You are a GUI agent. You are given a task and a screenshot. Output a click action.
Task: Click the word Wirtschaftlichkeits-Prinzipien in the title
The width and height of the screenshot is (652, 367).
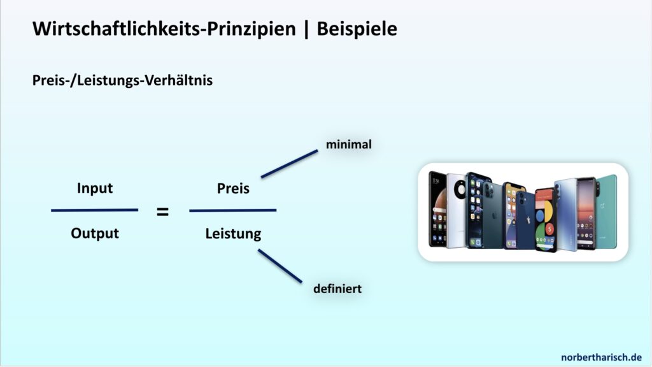pos(164,29)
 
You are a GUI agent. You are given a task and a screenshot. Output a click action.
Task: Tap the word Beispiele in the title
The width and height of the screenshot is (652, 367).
pos(357,29)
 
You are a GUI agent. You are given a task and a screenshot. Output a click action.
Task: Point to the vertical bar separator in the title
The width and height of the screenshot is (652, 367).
pos(306,29)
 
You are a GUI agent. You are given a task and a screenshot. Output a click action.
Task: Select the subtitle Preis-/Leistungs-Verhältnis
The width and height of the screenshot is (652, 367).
pos(122,80)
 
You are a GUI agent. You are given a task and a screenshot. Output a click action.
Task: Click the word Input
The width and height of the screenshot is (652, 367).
pos(95,188)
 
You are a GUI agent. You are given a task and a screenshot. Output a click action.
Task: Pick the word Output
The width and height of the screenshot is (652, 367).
pos(95,233)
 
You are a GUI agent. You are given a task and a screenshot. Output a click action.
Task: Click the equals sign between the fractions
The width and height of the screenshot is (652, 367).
pos(162,212)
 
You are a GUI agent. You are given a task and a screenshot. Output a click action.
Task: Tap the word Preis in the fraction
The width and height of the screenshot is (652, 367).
pos(233,189)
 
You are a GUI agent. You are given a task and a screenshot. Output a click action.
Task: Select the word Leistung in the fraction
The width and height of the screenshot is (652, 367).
pos(233,233)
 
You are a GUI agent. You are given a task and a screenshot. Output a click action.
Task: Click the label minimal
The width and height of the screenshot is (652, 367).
pos(349,145)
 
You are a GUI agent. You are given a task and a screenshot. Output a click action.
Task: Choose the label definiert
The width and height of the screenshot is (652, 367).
pos(337,289)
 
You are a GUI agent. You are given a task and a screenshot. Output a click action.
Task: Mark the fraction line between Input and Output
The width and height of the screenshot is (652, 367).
pos(94,210)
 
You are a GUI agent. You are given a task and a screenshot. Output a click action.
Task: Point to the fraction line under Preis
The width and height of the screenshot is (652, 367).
pos(233,210)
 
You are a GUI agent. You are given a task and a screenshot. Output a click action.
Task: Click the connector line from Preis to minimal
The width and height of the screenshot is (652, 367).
pos(290,164)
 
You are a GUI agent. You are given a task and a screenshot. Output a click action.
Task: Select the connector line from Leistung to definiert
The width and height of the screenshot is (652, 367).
pos(280,266)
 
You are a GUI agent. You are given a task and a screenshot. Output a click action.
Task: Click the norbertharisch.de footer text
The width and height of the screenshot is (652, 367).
pos(601,357)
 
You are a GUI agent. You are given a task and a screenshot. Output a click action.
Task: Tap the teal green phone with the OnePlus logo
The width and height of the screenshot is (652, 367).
pos(607,212)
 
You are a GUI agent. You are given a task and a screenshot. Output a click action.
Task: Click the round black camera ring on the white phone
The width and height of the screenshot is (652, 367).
pos(460,190)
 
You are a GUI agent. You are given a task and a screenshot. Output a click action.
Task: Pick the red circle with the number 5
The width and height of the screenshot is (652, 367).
pos(549,229)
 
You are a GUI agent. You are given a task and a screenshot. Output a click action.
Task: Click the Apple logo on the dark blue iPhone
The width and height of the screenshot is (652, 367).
pos(528,220)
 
